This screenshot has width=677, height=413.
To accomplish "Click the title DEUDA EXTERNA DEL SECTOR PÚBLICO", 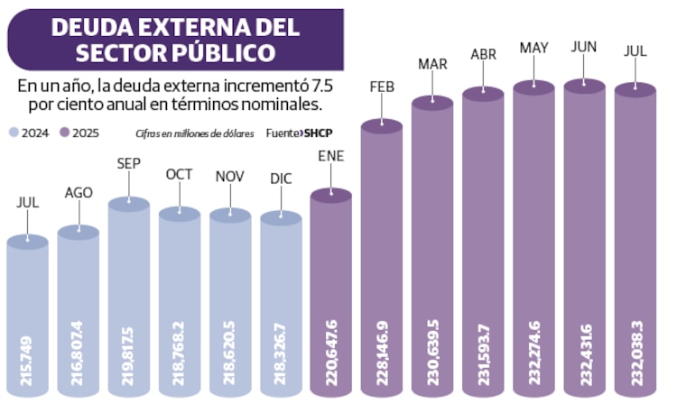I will click(175, 39).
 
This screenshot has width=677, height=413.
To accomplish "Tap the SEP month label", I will click(128, 164).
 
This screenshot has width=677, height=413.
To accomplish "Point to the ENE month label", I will click(331, 154).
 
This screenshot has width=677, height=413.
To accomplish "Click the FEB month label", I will click(382, 87).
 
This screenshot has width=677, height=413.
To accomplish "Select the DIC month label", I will click(281, 178).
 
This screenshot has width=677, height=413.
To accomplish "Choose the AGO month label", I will click(79, 192).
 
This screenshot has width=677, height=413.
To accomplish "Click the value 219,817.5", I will click(128, 361).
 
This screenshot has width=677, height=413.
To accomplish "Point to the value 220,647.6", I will click(331, 361).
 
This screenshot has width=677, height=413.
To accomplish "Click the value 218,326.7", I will click(281, 361).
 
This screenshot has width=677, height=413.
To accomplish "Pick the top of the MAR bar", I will click(432, 102).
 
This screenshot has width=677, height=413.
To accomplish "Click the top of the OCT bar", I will click(179, 213).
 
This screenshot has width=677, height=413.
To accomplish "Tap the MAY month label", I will click(533, 47).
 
